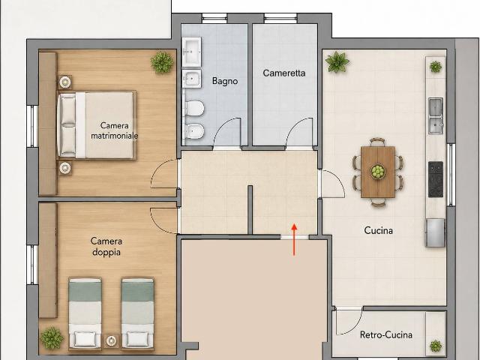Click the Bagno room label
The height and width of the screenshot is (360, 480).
[x=225, y=81]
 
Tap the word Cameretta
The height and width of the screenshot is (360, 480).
[x=284, y=73]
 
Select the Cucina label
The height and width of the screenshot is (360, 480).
[x=378, y=230]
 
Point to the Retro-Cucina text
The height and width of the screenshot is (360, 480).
[x=386, y=334]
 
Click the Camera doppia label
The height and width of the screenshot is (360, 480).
[x=106, y=247]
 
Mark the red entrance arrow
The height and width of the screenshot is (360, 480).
[x=294, y=239]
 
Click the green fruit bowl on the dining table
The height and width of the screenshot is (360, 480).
[x=378, y=172]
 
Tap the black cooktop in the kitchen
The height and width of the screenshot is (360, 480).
[x=436, y=179]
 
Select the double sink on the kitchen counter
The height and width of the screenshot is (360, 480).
[x=436, y=115]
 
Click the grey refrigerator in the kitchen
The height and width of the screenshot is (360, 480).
[x=435, y=232]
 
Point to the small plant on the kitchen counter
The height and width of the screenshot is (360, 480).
[x=436, y=67]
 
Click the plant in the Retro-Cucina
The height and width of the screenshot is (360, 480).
[x=436, y=346]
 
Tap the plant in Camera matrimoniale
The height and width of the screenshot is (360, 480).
[x=162, y=62]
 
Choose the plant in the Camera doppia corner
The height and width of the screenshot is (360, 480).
[x=52, y=338]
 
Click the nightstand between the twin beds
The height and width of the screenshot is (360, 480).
[x=111, y=340]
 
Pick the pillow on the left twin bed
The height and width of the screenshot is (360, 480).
[x=85, y=339]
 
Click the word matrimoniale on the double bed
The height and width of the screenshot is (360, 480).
[x=115, y=136]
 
